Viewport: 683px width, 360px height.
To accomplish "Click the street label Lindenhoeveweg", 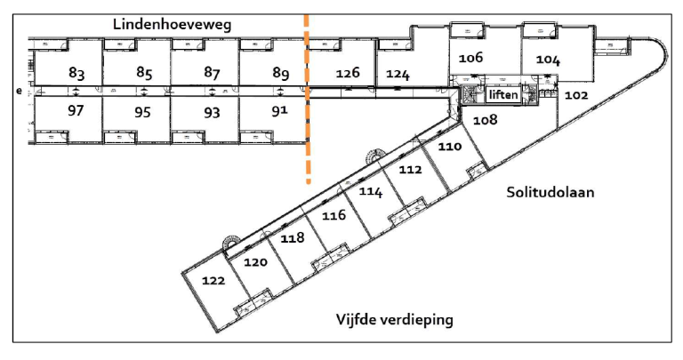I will tap(172, 24).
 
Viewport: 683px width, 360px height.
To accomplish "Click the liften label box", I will tap(503, 94).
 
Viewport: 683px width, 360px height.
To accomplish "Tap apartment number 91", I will tap(279, 110).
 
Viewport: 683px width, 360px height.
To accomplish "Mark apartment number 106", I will tap(470, 58).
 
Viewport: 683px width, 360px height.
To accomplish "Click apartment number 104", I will tap(548, 59).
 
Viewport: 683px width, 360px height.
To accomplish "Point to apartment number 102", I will tap(577, 95).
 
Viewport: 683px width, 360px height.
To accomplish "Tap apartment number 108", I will tap(486, 119).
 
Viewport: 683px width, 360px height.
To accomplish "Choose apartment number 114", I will tap(371, 190).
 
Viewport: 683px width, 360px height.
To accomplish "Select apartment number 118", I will tap(293, 237).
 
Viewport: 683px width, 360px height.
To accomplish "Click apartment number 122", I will tap(213, 280).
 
